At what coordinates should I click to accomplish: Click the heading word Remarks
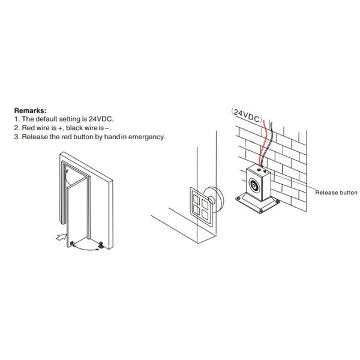(30, 110)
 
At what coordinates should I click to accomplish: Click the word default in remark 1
(46, 119)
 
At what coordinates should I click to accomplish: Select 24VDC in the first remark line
(101, 119)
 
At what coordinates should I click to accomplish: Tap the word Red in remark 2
(28, 128)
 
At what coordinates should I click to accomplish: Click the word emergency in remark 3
(147, 137)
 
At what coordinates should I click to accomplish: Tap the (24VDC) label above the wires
(247, 115)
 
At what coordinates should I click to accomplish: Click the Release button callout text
(336, 193)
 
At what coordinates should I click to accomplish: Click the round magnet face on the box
(254, 184)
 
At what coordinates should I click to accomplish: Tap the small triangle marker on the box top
(265, 171)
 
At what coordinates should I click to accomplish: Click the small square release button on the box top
(259, 170)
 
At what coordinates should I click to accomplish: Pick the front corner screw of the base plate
(261, 211)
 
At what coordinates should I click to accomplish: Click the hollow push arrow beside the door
(62, 237)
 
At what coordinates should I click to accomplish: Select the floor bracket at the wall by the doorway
(101, 245)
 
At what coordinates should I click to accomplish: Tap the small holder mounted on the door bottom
(73, 244)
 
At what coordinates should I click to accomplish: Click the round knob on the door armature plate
(211, 200)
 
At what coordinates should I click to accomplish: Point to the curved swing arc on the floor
(86, 249)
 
